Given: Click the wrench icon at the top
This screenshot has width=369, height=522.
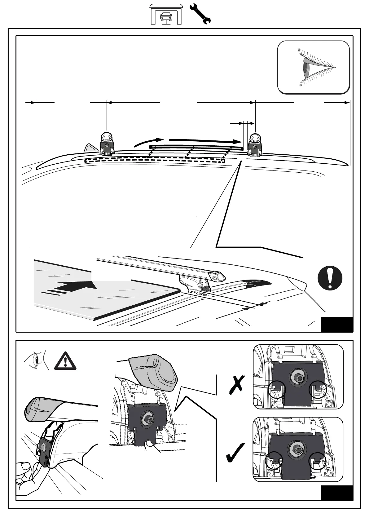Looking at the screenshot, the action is pyautogui.click(x=200, y=14).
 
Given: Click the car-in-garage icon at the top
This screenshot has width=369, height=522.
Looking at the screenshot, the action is pyautogui.click(x=166, y=14).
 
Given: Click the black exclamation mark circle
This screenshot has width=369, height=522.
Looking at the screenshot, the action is pyautogui.click(x=330, y=278).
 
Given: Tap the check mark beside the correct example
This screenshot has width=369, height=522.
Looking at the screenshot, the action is pyautogui.click(x=235, y=453).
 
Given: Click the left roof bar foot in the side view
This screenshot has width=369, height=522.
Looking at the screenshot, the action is pyautogui.click(x=107, y=144).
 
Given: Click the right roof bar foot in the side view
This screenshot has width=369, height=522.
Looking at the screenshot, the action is pyautogui.click(x=255, y=145).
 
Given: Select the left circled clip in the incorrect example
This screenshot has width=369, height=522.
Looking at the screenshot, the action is pyautogui.click(x=277, y=390).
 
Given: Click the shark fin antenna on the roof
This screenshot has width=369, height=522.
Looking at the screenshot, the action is pyautogui.click(x=90, y=148).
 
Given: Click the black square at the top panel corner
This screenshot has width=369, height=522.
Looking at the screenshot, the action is pyautogui.click(x=337, y=325).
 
